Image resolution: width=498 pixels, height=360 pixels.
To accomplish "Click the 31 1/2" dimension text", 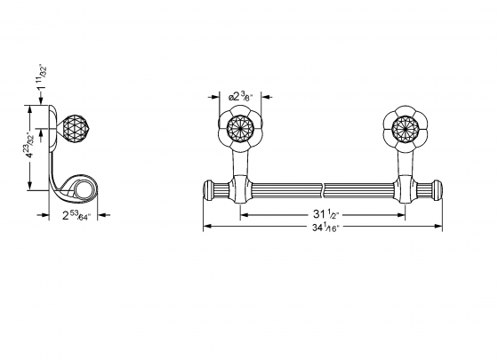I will (x=322, y=213).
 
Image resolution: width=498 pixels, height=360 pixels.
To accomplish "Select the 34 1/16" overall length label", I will (x=322, y=228).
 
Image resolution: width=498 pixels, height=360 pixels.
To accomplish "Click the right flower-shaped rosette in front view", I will (x=405, y=131).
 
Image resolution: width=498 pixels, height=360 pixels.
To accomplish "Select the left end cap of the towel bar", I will (x=209, y=189).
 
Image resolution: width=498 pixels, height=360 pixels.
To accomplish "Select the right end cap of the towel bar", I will (x=435, y=189).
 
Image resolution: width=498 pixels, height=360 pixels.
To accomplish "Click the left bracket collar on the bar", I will (x=239, y=189).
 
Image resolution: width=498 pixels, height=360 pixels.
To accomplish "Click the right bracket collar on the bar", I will (x=406, y=189).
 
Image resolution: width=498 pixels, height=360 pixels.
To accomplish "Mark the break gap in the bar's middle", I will (x=322, y=189).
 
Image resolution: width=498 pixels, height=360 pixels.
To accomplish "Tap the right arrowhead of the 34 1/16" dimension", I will (x=438, y=227).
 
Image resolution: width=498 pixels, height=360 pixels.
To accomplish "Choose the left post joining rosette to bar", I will (x=238, y=164).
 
